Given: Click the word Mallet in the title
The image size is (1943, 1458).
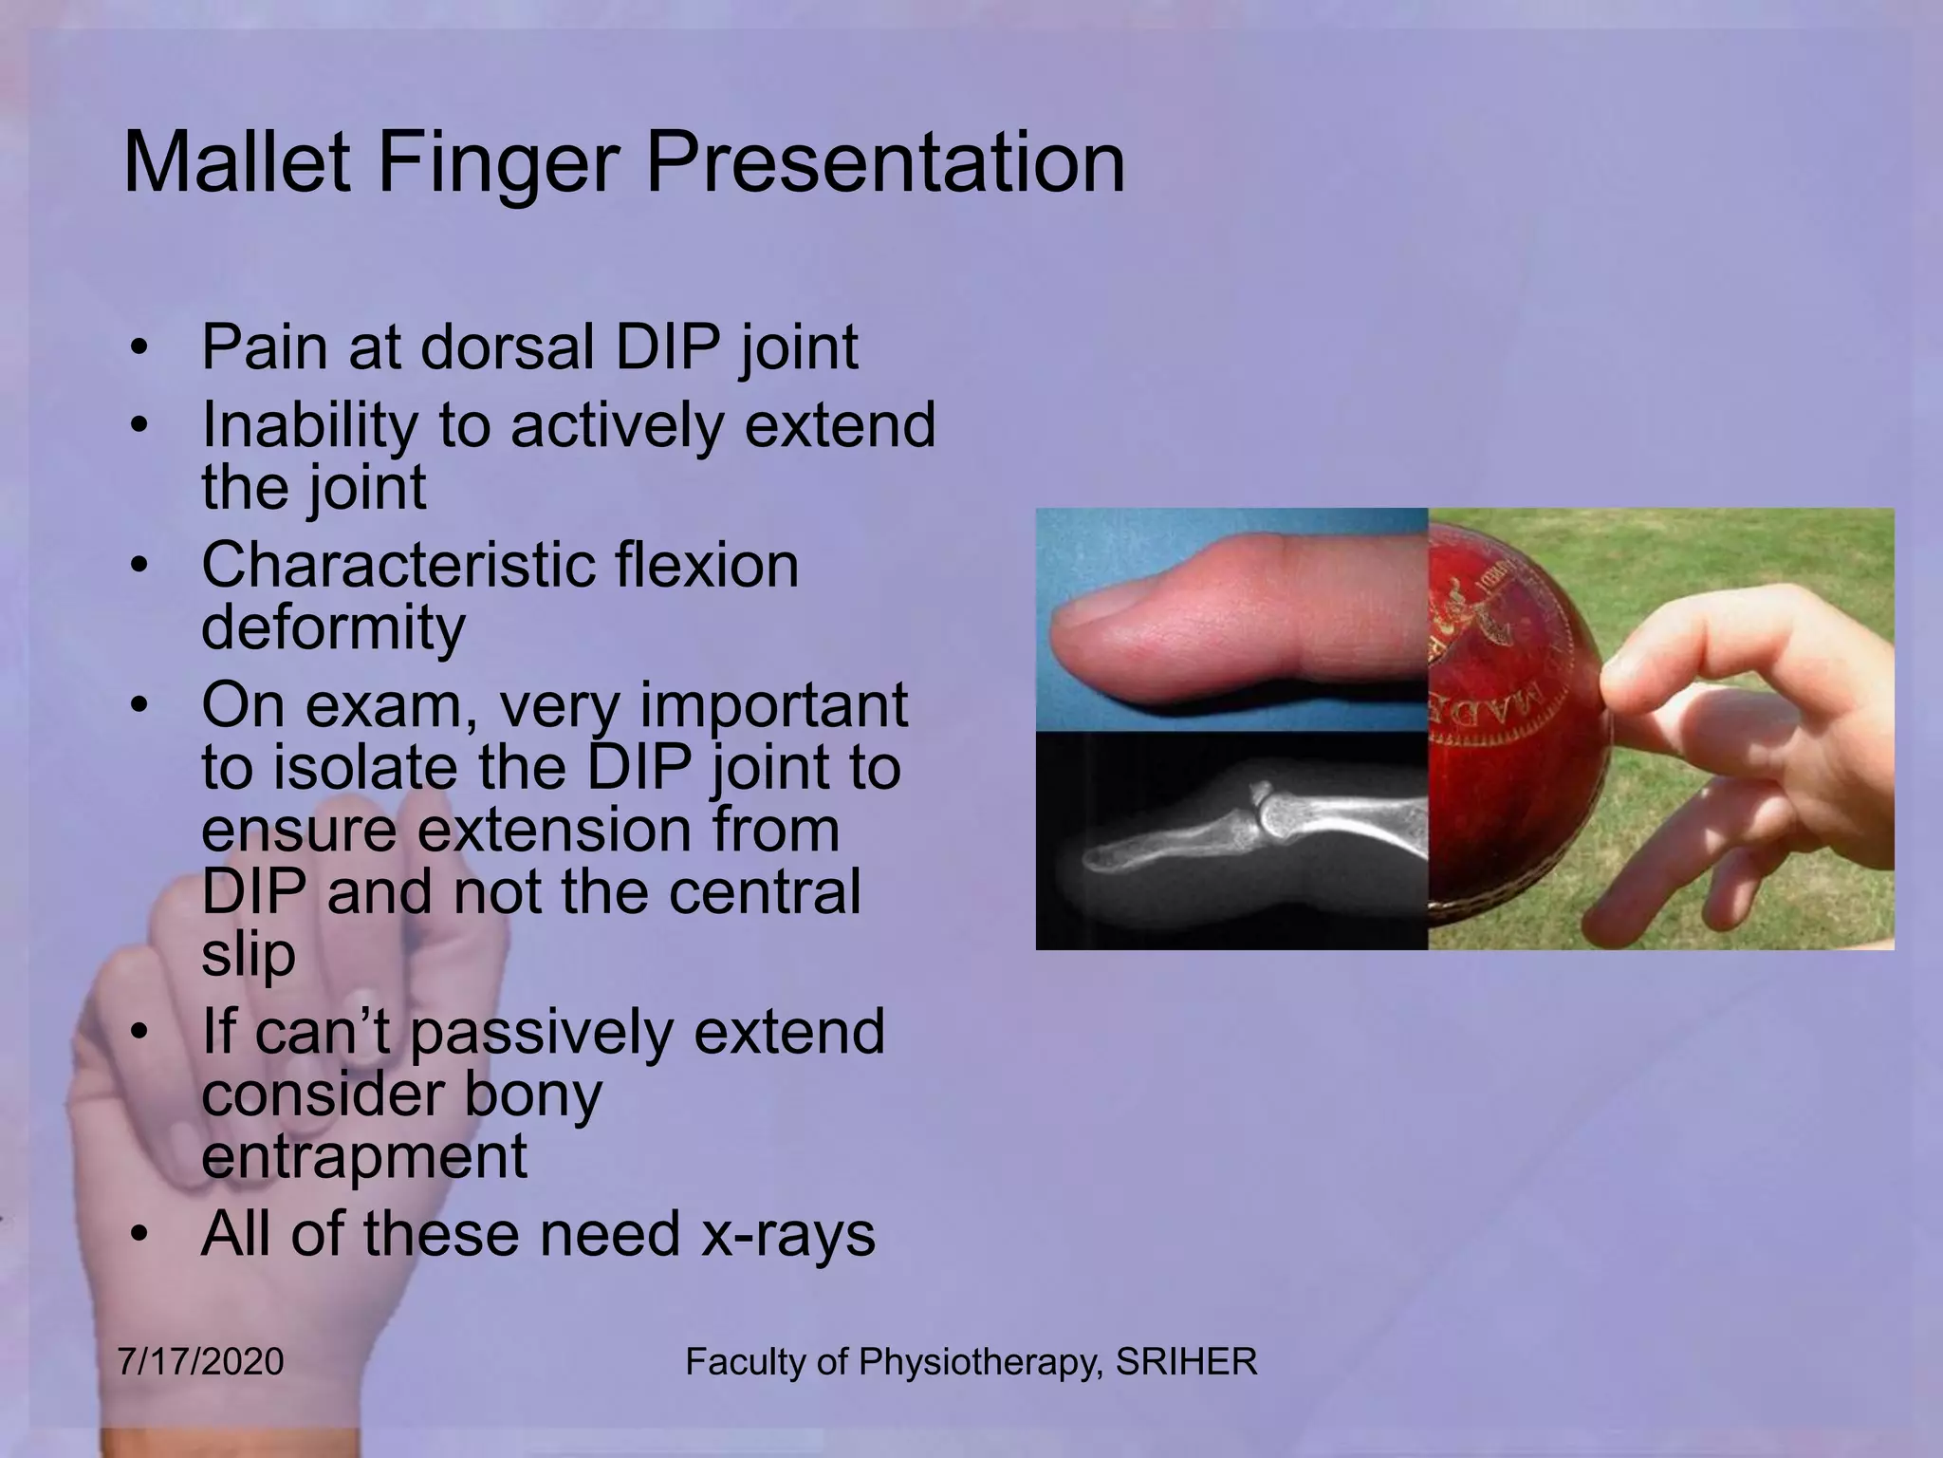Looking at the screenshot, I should coord(237,163).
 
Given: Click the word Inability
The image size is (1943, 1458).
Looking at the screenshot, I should coord(307,425).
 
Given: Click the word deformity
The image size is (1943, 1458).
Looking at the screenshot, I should coord(333,628).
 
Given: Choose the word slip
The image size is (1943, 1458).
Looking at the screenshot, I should coord(248,955).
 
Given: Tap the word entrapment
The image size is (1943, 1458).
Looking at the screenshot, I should coord(364,1156).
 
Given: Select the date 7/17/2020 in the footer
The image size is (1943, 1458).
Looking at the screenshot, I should coord(201,1361).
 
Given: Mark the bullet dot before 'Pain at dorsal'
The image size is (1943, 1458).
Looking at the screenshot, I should coord(139,347).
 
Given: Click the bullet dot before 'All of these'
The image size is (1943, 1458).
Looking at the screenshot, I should coord(139,1235).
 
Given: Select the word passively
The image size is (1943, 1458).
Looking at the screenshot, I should coord(541,1033).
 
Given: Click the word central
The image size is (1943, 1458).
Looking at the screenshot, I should coord(765,892).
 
